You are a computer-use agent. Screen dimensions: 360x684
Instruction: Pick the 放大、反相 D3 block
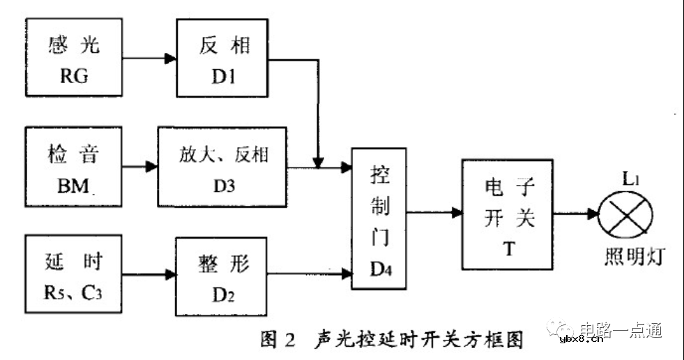[x=222, y=167]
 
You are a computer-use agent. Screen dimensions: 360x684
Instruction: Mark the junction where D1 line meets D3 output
[x=319, y=167]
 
